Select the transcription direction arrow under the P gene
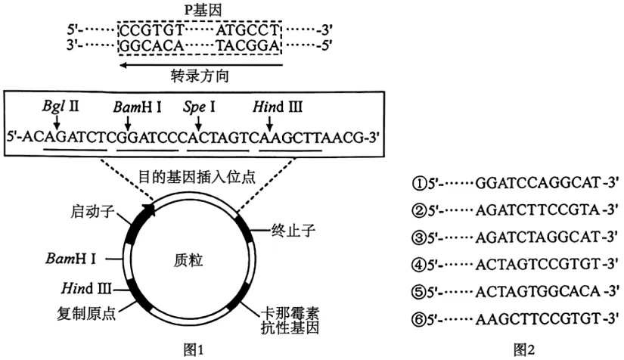click(201, 65)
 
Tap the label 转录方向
click(200, 76)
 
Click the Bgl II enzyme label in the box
click(61, 106)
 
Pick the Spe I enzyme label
click(199, 107)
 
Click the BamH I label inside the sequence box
click(138, 107)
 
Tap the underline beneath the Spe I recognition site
click(218, 151)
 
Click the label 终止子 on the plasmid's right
click(293, 230)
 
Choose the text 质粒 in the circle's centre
click(188, 260)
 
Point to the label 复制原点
click(86, 313)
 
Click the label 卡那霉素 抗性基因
click(290, 320)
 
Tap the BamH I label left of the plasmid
click(71, 259)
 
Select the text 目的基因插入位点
click(197, 176)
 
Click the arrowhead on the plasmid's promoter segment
click(150, 209)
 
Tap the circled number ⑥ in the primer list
click(420, 319)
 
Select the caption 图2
click(524, 349)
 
